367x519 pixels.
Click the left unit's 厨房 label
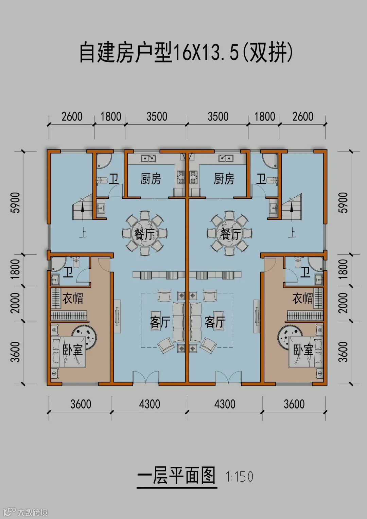click(151, 179)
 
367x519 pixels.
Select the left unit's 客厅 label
click(160, 322)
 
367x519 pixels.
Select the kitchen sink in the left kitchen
click(148, 159)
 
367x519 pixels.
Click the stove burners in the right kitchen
click(193, 177)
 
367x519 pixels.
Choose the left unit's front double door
click(145, 376)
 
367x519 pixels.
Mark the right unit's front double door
click(228, 376)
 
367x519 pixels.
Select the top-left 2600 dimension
click(72, 117)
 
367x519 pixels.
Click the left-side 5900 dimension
click(17, 202)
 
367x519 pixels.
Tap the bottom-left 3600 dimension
click(81, 404)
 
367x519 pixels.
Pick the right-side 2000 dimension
click(343, 303)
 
